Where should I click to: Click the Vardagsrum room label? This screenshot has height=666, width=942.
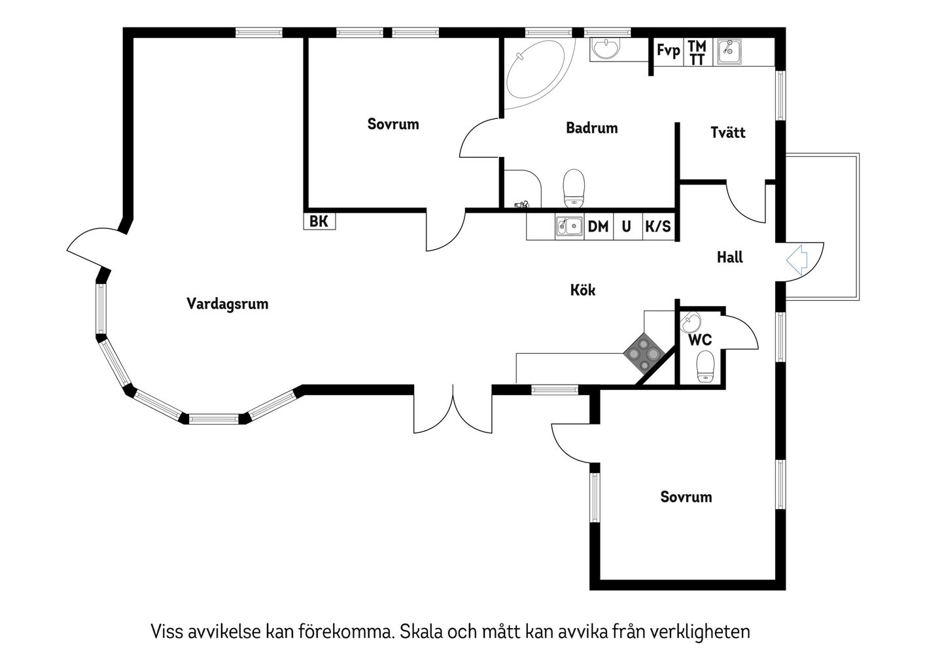228,304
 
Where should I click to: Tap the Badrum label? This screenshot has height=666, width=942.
591,128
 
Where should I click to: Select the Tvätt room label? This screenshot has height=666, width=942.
728,132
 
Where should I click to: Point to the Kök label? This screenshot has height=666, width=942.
583,290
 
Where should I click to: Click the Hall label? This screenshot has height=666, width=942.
729,257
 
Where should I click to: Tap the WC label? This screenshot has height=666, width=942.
700,340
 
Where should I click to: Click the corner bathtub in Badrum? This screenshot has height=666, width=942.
537,73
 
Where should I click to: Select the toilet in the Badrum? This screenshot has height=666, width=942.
574,189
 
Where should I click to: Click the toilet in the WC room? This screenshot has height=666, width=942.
706,366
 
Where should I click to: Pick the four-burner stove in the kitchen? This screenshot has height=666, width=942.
644,353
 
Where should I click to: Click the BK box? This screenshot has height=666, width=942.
320,221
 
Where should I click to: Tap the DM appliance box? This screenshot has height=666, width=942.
599,227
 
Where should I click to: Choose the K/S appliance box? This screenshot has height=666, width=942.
659,227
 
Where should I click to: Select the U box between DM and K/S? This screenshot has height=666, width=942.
628,227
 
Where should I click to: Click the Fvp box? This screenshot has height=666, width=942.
669,52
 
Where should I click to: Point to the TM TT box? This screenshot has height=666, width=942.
698,52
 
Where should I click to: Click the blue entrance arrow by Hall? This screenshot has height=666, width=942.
797,260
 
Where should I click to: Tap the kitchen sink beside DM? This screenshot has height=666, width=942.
569,227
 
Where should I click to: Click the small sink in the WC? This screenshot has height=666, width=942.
691,323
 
